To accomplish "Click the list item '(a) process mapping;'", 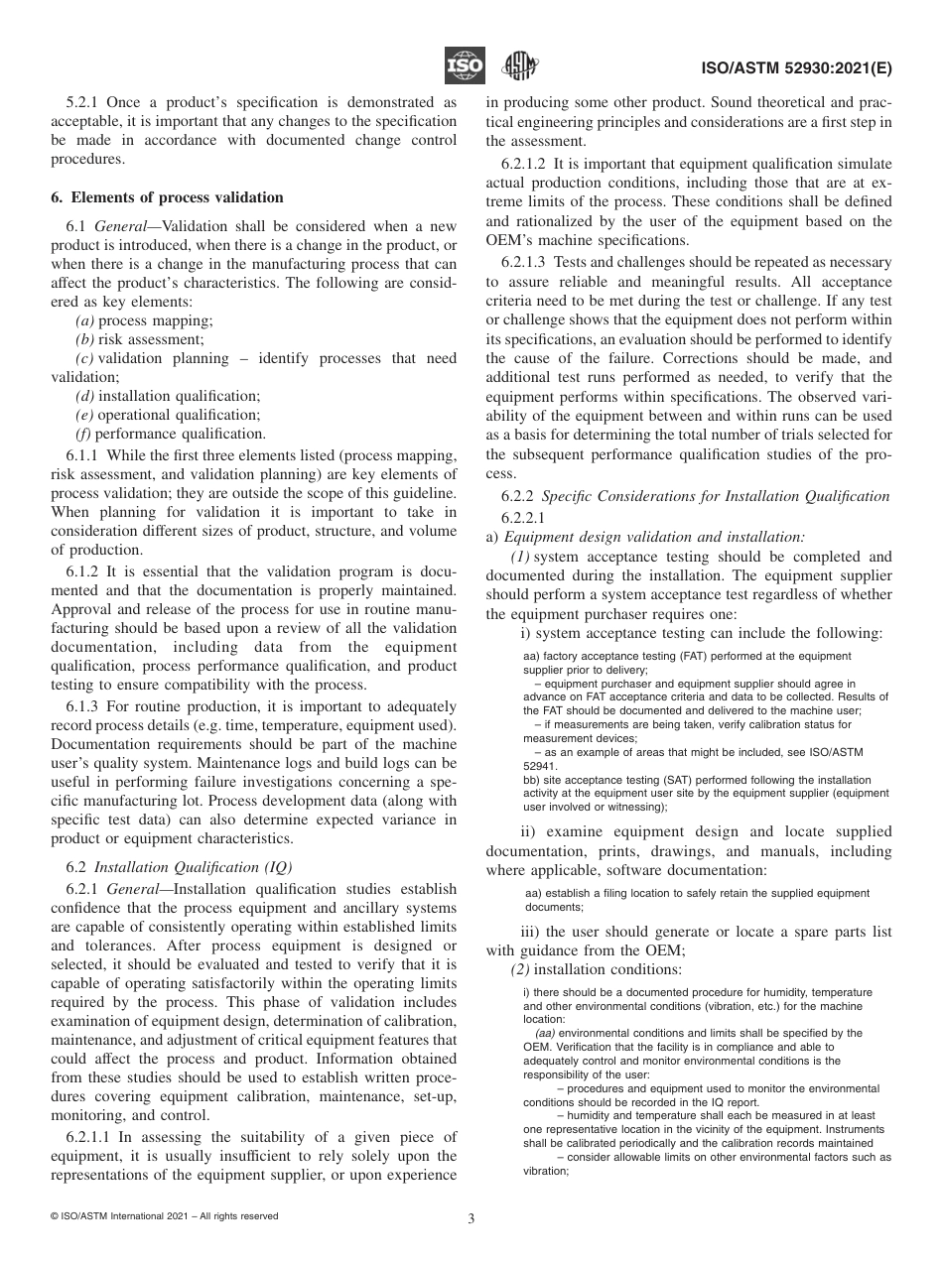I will point(144,320).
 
